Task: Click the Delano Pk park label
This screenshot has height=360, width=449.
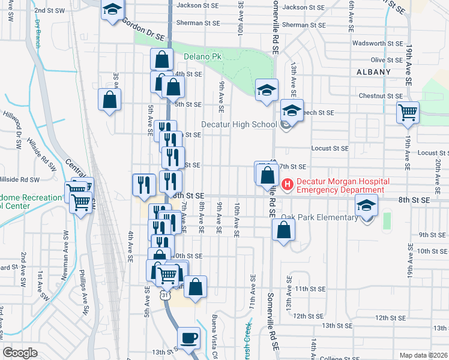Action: click(x=200, y=56)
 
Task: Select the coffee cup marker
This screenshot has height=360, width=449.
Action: click(x=189, y=337)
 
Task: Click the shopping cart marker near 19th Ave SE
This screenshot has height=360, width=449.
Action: click(x=408, y=112)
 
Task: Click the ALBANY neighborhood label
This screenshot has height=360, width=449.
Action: click(x=373, y=71)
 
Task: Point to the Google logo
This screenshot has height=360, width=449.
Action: click(x=20, y=353)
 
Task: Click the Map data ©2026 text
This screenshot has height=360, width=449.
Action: click(x=423, y=355)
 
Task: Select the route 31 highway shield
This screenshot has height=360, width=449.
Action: click(x=164, y=296)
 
